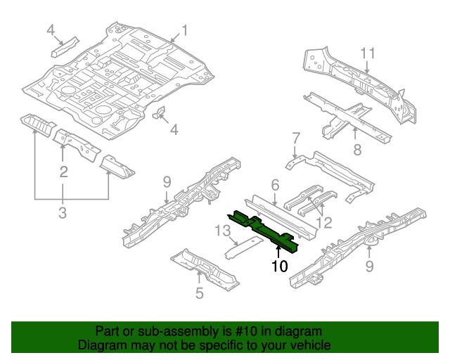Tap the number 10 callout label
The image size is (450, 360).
pos(279,266)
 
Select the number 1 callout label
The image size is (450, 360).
pos(184,30)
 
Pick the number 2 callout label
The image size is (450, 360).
pos(63,172)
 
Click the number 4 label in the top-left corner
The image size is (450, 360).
pos(51,30)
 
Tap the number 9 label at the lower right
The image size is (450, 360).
pos(369,266)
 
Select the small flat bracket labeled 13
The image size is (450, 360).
pos(243,247)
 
